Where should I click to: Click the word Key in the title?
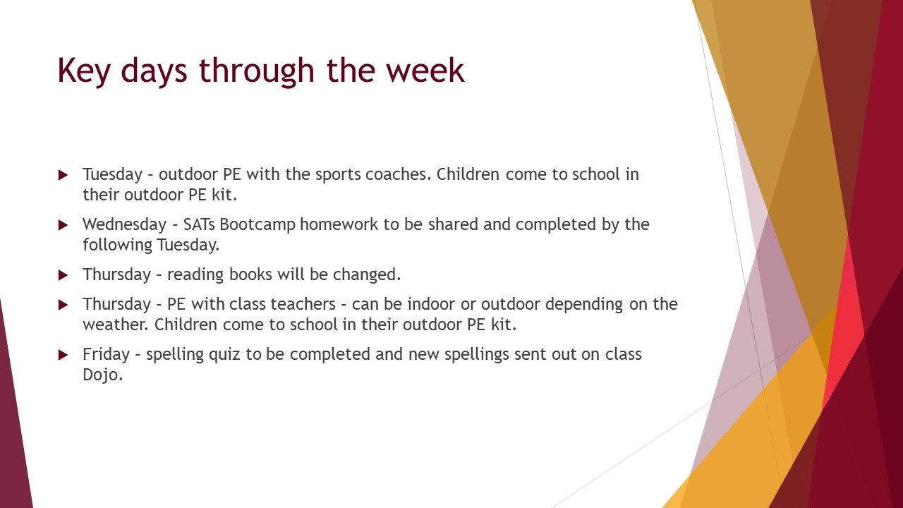(x=84, y=71)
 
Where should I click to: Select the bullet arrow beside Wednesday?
(x=63, y=225)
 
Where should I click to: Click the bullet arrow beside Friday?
(x=63, y=355)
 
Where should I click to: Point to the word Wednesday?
(x=125, y=224)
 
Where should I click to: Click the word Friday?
(x=107, y=354)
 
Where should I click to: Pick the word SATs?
(x=199, y=224)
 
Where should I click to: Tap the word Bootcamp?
(x=257, y=225)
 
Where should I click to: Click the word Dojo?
(x=102, y=375)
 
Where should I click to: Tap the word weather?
(x=116, y=325)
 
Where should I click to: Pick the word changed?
(x=367, y=274)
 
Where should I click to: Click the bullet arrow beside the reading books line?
(x=63, y=275)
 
